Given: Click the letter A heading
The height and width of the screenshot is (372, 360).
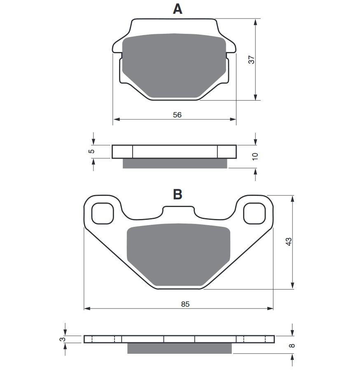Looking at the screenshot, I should tap(177, 9).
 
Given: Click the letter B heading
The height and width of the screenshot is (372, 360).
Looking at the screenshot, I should tap(178, 194).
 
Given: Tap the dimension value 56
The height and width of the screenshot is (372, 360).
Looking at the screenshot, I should tap(177, 115).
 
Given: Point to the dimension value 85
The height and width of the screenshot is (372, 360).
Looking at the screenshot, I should tap(185, 304).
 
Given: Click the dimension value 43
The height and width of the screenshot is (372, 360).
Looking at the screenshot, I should tap(289, 242).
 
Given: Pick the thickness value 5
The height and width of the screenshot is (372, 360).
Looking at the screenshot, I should tap(92, 151).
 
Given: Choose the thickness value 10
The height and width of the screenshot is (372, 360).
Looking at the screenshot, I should tap(255, 156).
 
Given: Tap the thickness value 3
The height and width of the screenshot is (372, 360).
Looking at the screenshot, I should tap(63, 339).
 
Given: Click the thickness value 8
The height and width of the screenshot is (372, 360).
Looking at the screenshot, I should tap(292, 346).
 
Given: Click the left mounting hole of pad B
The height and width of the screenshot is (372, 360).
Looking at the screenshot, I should tap(102, 213).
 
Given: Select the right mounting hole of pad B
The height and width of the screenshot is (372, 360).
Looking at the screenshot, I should tap(254, 213).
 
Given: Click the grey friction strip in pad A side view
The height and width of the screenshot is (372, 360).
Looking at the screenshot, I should tap(175, 163).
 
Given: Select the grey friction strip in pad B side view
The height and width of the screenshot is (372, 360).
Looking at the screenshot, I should tap(179, 348).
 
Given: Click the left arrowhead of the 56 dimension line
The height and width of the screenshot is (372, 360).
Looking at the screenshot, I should tap(116, 120).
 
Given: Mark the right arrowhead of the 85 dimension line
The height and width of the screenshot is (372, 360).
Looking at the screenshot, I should tap(271, 308).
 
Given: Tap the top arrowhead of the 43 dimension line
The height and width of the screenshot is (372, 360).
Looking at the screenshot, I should tap(292, 198).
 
